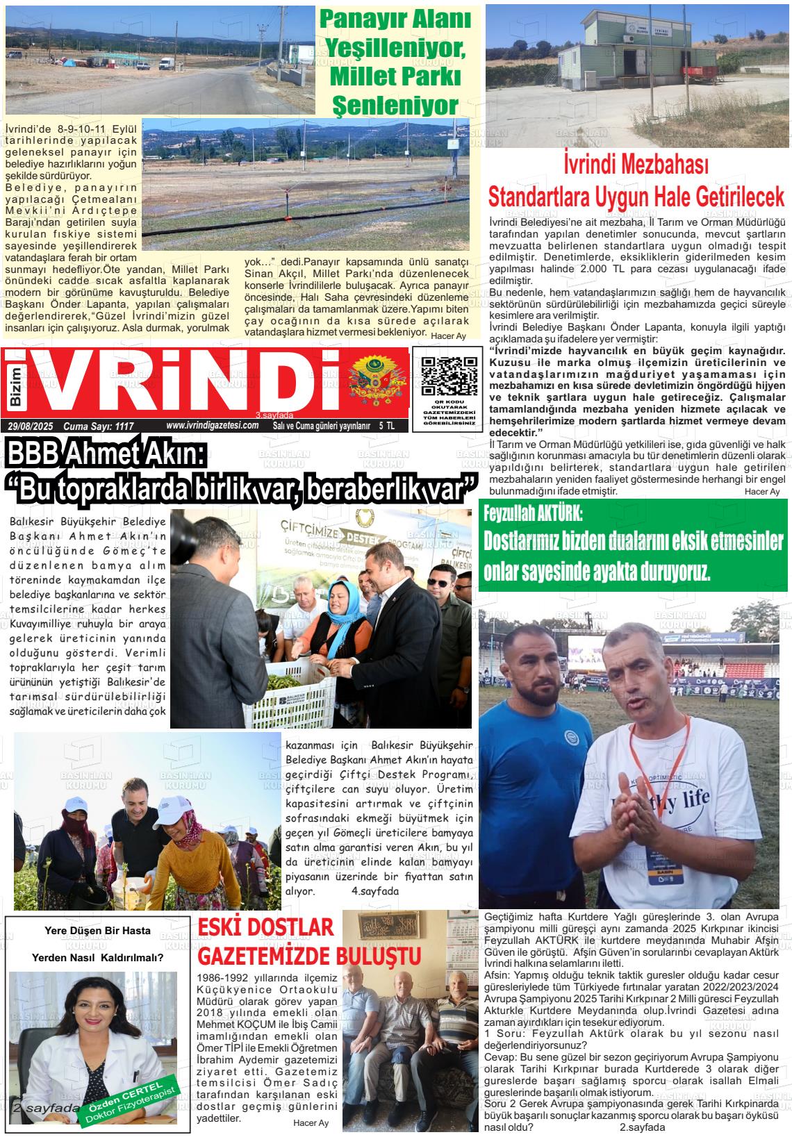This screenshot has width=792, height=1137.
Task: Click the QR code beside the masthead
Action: [449, 376]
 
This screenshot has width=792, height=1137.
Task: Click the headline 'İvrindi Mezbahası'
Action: [636, 167]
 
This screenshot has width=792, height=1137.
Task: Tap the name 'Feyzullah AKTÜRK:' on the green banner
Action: [533, 514]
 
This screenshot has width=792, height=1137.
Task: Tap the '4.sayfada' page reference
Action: [375, 890]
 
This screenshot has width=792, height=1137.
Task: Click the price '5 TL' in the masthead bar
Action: [386, 426]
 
